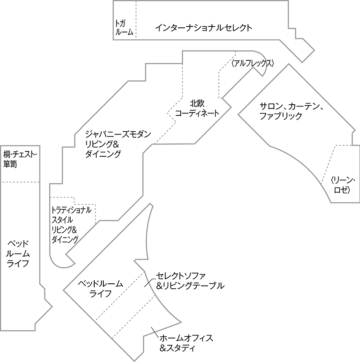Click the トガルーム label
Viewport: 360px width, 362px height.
coord(124,27)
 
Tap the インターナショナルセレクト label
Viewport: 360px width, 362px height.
coord(203,28)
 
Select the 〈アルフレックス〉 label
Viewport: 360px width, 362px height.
coord(253,63)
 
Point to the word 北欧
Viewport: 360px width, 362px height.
coord(198,103)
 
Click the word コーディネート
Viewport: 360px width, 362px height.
coord(197,113)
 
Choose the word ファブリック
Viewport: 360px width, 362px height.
coord(281,116)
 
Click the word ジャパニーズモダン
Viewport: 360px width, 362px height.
coord(118,134)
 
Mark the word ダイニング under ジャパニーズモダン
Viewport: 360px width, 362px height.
coord(103,154)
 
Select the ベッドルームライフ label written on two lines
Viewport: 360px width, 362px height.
coord(100,289)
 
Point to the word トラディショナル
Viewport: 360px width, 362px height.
coord(71,210)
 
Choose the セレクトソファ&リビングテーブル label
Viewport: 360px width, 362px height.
coord(190,280)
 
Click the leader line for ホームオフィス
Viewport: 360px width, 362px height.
coord(155,331)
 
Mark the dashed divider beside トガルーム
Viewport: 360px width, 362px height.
coord(136,20)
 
